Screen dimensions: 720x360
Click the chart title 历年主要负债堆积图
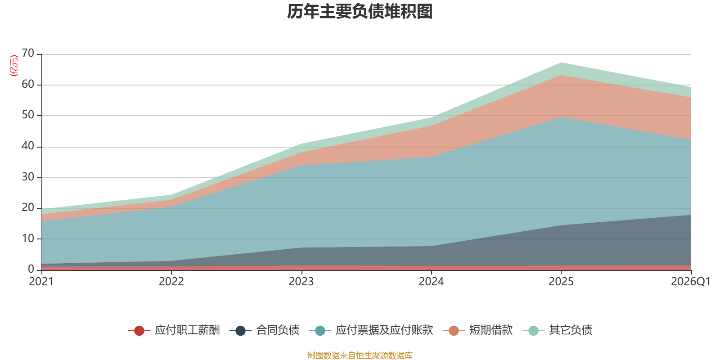[360, 12]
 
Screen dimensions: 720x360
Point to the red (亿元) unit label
[14, 66]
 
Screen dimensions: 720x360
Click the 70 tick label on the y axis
[28, 53]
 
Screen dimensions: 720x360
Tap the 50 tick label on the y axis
[28, 115]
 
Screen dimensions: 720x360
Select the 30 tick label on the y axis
[28, 177]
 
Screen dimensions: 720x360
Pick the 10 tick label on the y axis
[28, 238]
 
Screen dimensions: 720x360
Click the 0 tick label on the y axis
[31, 269]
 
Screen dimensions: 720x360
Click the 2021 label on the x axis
[41, 282]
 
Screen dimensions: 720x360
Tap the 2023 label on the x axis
[301, 282]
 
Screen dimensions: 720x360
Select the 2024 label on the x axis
[431, 282]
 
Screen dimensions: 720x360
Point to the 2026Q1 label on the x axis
[691, 282]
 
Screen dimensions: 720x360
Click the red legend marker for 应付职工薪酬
[139, 330]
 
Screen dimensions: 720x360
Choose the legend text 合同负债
[278, 330]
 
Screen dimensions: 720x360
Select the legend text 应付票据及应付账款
[384, 330]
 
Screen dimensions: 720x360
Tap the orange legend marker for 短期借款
[454, 330]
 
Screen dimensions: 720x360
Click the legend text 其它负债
[571, 330]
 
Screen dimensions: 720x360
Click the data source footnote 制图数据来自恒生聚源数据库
[360, 355]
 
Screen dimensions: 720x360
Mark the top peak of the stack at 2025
[561, 63]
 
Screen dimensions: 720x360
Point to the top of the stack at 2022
[171, 195]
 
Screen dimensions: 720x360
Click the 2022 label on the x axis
[171, 282]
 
